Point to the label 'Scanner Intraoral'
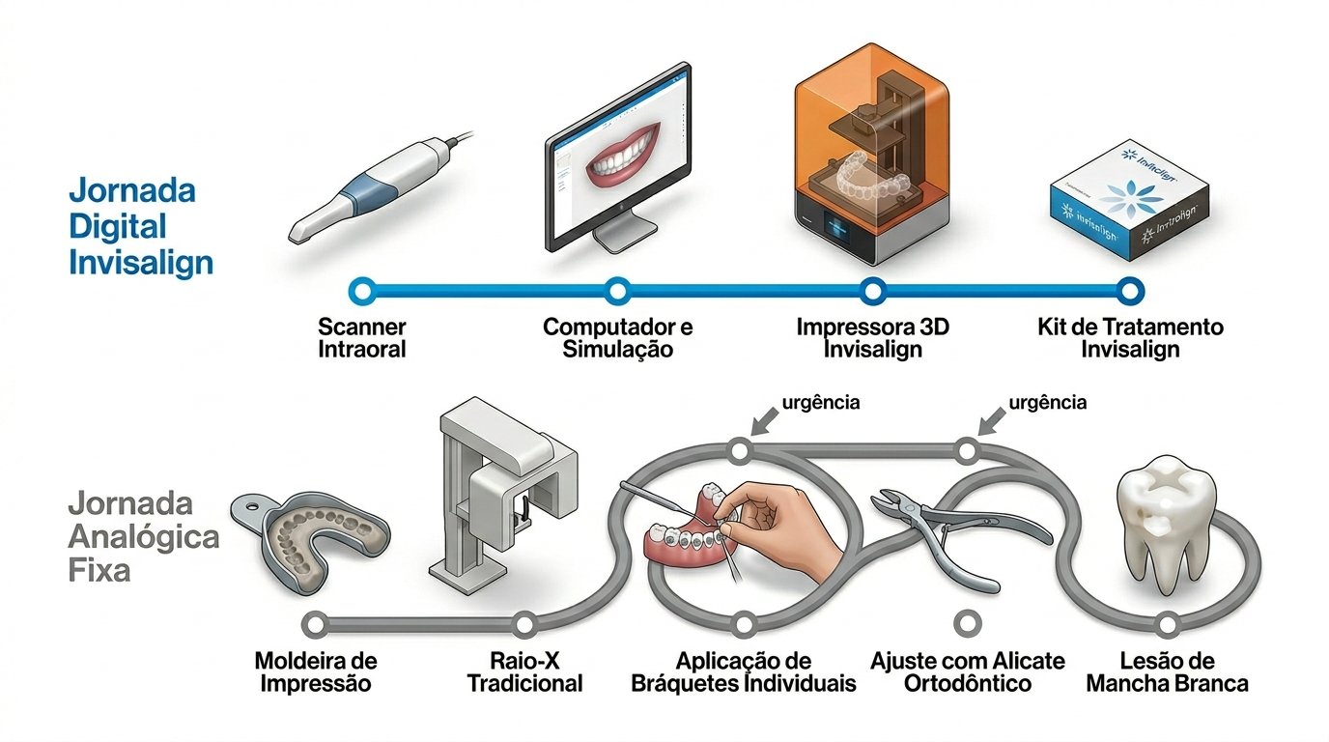tap(362, 337)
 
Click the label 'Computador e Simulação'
tap(617, 337)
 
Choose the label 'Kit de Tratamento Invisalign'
tap(1130, 337)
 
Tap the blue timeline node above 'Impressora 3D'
tap(873, 289)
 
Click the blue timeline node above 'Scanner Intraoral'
tap(362, 289)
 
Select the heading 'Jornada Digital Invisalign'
tap(140, 227)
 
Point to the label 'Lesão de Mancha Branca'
tap(1167, 671)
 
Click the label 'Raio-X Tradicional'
tap(525, 671)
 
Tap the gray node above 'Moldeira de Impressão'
tap(311, 623)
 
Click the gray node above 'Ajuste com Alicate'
tap(966, 623)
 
